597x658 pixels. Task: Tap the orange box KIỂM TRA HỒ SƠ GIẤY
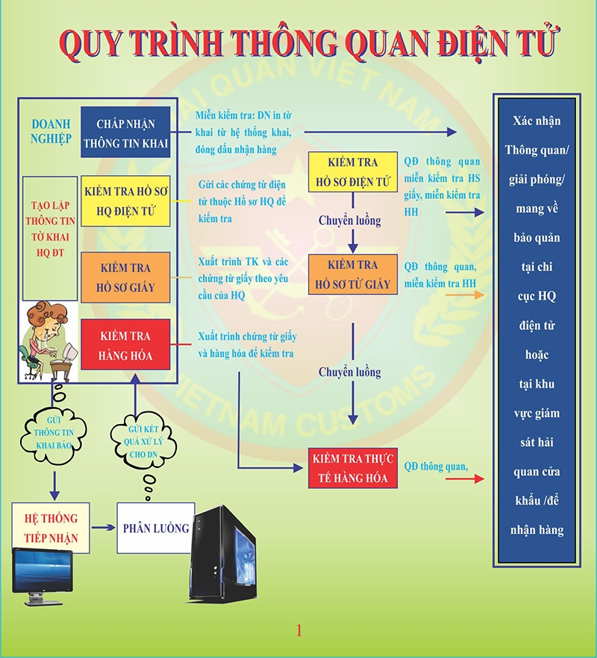(126, 277)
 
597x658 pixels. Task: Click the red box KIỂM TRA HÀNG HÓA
(126, 346)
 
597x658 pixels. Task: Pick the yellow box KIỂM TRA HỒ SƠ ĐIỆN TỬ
(352, 172)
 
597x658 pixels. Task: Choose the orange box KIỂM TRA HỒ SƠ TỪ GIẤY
(352, 274)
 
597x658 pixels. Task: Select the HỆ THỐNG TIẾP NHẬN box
(51, 527)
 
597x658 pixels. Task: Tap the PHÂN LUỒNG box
(155, 528)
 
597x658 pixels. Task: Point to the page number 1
(299, 630)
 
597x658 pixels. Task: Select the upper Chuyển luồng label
(349, 221)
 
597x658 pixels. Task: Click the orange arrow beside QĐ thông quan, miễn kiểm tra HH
(463, 295)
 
